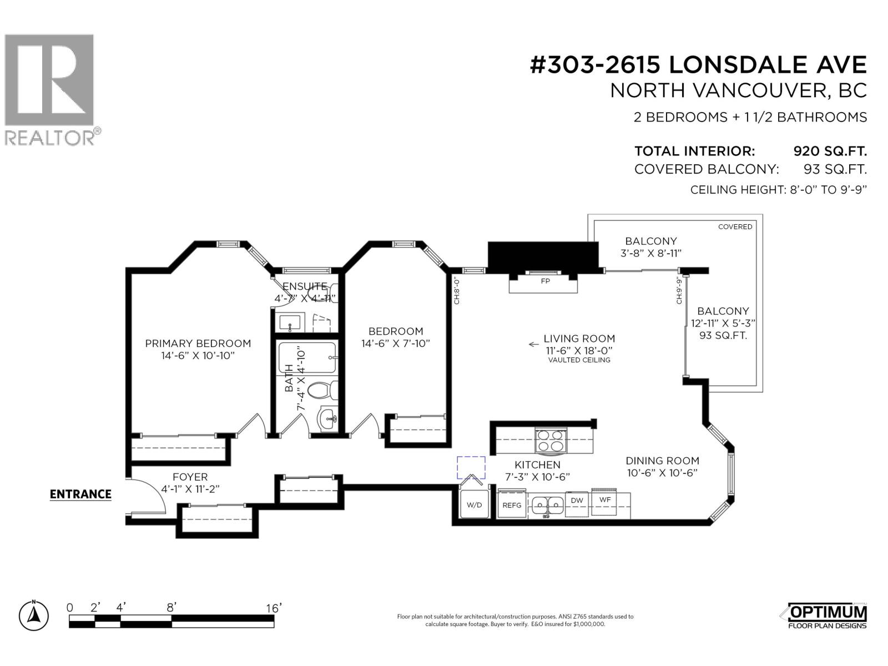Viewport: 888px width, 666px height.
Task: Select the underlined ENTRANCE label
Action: tap(80, 494)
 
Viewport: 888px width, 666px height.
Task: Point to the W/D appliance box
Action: tap(475, 505)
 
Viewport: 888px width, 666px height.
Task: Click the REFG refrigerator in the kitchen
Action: tap(512, 505)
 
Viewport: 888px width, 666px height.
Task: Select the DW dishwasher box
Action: tap(577, 501)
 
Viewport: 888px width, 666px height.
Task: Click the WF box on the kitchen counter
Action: tap(605, 500)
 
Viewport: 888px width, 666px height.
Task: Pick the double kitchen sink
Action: tap(547, 505)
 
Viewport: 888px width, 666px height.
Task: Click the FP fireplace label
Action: tap(546, 281)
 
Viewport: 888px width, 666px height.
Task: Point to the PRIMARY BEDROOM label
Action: tap(198, 344)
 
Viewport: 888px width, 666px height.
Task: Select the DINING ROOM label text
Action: tap(662, 461)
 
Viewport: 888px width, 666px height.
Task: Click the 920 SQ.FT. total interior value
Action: tap(830, 151)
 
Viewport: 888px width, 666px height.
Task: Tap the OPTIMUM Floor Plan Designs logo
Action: tap(827, 616)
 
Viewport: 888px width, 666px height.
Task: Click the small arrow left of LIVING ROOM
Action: tap(533, 344)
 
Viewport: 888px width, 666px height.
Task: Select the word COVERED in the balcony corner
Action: tap(735, 226)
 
